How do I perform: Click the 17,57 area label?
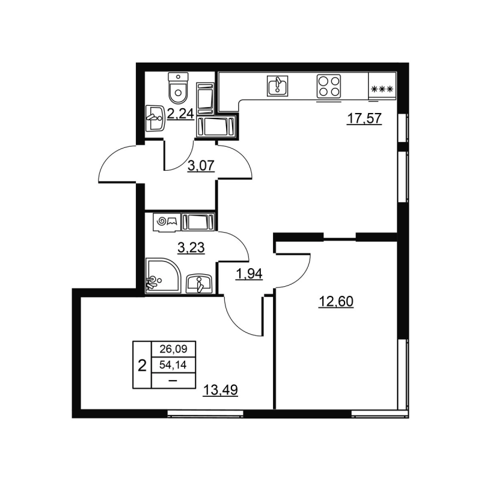click(364, 118)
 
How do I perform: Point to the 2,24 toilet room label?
click(180, 114)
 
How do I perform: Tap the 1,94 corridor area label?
click(251, 275)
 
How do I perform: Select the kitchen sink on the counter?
click(277, 86)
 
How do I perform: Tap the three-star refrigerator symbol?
click(382, 89)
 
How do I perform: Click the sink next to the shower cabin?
click(199, 282)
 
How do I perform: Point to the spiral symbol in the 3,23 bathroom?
click(161, 222)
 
